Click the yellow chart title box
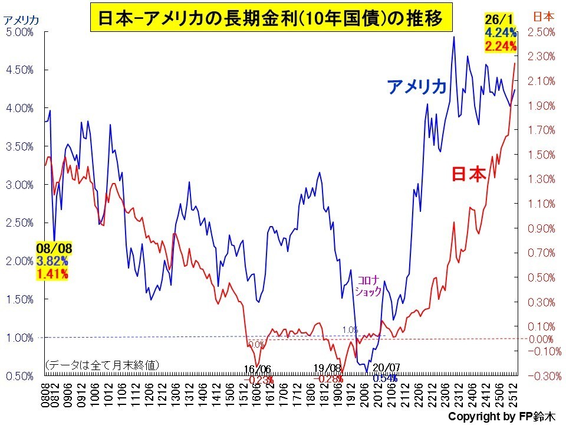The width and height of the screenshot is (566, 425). pos(271,19)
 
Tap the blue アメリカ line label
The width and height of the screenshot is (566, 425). pos(417,87)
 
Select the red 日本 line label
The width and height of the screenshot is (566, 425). pos(469,174)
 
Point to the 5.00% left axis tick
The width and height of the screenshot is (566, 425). pos(19,32)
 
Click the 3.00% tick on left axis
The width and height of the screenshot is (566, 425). pos(19,185)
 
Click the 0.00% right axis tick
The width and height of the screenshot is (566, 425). pos(541,339)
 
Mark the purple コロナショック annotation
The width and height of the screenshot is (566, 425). pos(368,285)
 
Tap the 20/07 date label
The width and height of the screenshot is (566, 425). pos(387,368)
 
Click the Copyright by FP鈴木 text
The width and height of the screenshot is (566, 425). pos(501,417)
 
